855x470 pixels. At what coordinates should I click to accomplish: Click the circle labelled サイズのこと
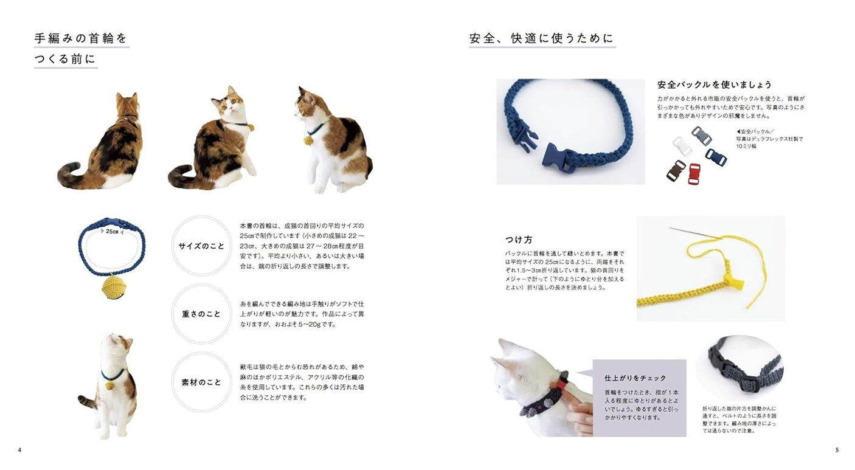pos(201,246)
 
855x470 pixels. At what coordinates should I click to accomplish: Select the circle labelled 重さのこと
pos(201,314)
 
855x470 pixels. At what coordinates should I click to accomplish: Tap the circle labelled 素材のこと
pos(201,382)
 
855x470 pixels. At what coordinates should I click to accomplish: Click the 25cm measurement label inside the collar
pos(112,232)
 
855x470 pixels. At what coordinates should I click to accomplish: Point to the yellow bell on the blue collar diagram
pos(114,286)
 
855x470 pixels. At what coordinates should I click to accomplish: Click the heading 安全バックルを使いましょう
pos(714,85)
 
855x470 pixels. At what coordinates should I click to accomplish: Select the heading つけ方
pos(519,240)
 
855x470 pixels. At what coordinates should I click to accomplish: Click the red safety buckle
pos(694,173)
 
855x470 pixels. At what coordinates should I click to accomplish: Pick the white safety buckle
pos(682,146)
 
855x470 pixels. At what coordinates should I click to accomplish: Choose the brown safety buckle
pos(676,171)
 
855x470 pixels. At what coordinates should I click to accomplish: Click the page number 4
pos(19,450)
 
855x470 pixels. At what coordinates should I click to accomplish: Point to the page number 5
pos(837,450)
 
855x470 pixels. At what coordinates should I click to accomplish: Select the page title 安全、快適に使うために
pos(541,38)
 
